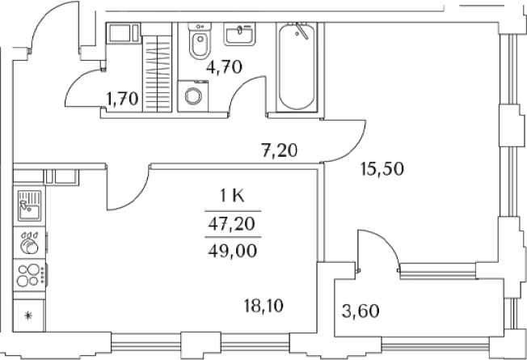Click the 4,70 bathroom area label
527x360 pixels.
[224, 67]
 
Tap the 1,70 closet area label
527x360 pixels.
[122, 99]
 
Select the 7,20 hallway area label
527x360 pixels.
[280, 150]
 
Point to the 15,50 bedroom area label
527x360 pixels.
[382, 169]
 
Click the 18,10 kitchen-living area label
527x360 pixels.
[263, 306]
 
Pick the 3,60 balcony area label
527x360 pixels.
[360, 311]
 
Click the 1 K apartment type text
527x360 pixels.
[232, 196]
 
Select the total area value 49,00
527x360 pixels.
[233, 251]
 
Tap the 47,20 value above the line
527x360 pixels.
[231, 224]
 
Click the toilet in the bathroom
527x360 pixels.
[200, 41]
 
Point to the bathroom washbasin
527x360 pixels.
[239, 34]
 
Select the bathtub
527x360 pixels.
[297, 67]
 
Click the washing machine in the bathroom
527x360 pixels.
[193, 96]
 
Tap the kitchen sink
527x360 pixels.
[29, 206]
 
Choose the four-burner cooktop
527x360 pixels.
[29, 275]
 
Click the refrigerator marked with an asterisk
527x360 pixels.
[29, 316]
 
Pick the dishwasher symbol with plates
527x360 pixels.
[29, 243]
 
